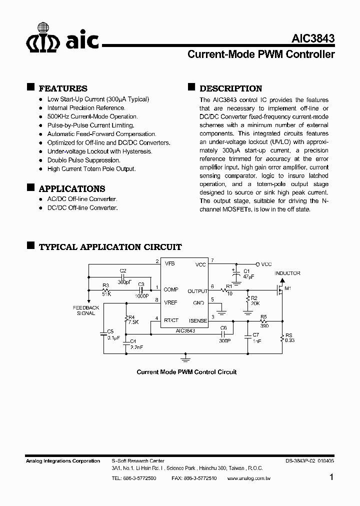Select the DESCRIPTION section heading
coord(230,88)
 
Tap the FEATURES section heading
coord(63,88)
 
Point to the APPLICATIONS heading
coord(72,189)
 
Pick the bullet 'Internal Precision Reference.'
coord(86,107)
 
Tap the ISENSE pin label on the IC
coord(198,320)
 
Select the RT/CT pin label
coord(171,320)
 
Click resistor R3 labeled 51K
coord(105,290)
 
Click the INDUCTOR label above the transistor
coord(287,273)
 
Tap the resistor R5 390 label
coord(264,320)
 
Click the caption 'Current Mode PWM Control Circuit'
coord(186,372)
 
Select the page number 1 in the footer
coord(332,477)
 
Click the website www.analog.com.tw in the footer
coord(249,478)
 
